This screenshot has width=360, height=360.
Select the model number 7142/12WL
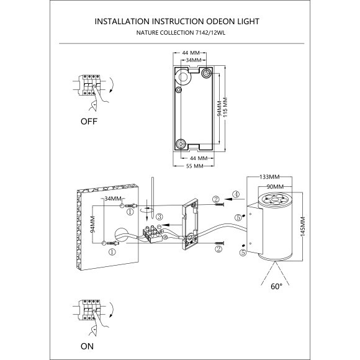pos(209,34)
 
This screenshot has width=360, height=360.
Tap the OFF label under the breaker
pos(89,122)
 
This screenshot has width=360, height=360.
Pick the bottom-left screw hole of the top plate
pos(181,144)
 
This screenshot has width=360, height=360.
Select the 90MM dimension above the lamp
pos(274,186)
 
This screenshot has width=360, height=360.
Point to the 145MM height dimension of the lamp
pos(303,228)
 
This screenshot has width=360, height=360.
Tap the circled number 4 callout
pos(236,194)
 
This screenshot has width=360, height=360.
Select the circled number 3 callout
pos(160,217)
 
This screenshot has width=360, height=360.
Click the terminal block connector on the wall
pos(151,235)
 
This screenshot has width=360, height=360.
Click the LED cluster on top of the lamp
pos(274,199)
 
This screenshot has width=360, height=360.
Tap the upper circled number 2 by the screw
pos(215,199)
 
